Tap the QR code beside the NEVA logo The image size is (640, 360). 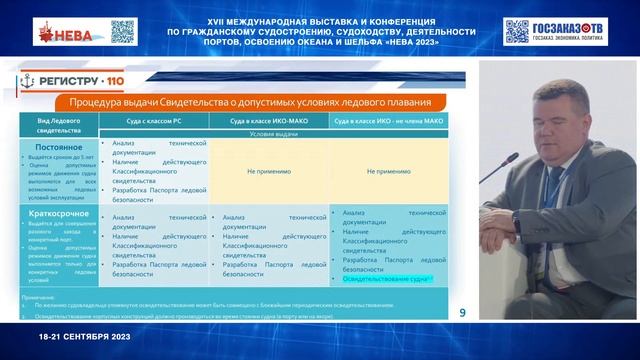(x=122, y=32)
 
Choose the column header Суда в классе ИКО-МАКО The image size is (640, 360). (x=269, y=120)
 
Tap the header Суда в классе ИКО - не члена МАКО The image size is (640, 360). (x=389, y=120)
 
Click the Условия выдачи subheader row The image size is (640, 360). (x=269, y=133)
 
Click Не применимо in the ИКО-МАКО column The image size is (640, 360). (x=269, y=171)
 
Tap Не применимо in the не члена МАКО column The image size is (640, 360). (x=389, y=171)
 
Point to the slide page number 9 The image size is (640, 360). (x=462, y=312)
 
